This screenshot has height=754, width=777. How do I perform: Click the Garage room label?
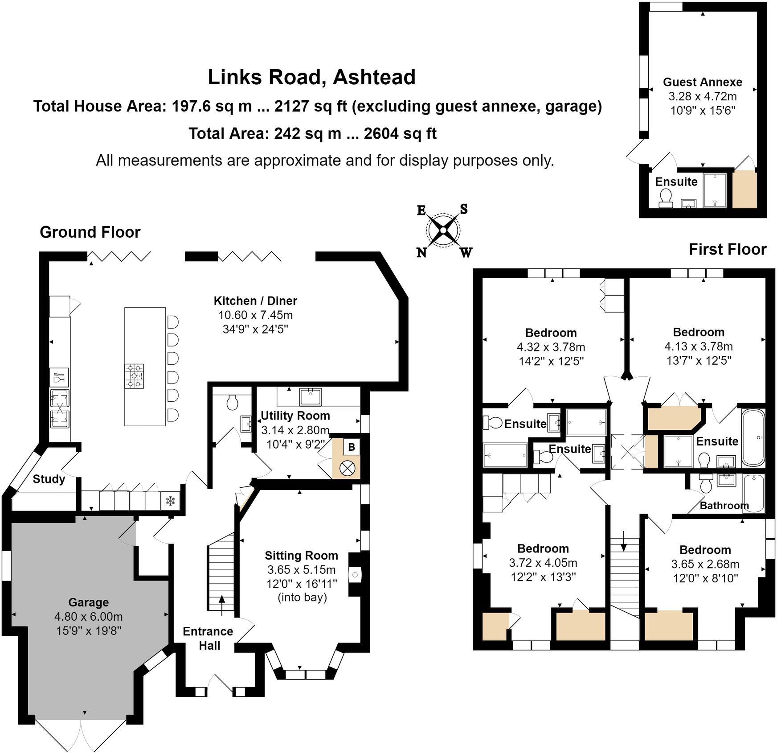[x=88, y=602]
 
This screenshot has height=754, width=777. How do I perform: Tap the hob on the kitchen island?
[x=135, y=375]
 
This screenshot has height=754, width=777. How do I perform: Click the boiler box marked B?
[x=351, y=447]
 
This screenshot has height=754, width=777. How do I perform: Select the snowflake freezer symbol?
[x=170, y=501]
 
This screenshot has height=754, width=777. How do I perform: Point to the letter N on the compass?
[x=421, y=253]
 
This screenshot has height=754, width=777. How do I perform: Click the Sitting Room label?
[x=301, y=556]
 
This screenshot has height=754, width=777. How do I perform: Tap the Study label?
[x=49, y=479]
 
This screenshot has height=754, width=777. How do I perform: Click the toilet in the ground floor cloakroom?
[x=232, y=403]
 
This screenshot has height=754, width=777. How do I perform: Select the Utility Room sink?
[x=311, y=396]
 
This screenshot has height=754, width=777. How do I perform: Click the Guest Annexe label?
[x=703, y=82]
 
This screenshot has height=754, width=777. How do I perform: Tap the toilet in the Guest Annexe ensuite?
[x=666, y=197]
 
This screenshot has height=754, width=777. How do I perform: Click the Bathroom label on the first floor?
[x=724, y=505]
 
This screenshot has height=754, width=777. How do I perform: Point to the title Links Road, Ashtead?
[x=311, y=77]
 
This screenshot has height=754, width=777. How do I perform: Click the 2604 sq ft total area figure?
[x=400, y=133]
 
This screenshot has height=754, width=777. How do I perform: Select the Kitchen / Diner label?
[x=255, y=301]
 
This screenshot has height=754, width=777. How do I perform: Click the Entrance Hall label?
[x=208, y=638]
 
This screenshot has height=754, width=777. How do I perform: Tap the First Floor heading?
[x=727, y=249]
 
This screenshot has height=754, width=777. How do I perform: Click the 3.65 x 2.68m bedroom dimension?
[x=705, y=564]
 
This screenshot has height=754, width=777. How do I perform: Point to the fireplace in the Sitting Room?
[x=355, y=575]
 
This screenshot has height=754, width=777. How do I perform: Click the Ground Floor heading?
[x=90, y=232]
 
